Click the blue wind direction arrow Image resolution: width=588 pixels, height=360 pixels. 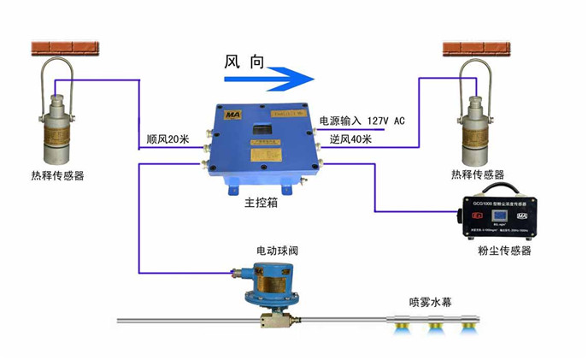coord(268,79)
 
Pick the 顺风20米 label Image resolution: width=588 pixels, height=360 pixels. coord(168,139)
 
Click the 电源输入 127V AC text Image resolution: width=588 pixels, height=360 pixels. coord(362,121)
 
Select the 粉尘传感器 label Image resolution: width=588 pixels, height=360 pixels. coord(505,251)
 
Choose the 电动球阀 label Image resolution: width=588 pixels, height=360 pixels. coord(277,251)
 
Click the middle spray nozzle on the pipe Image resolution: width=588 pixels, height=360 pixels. coord(434,326)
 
